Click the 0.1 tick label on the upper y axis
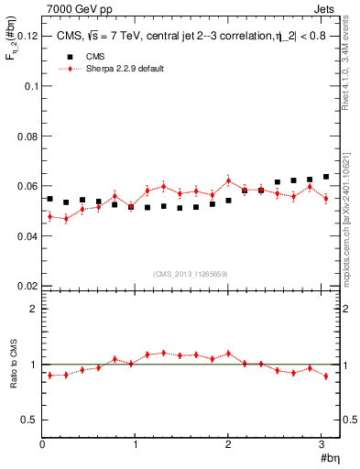tap(29, 86)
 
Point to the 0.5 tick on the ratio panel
tap(29, 420)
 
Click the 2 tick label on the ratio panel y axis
tap(33, 309)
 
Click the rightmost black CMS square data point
tap(325, 177)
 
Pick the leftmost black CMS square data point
tap(49, 199)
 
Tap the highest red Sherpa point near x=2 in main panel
tap(228, 180)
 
